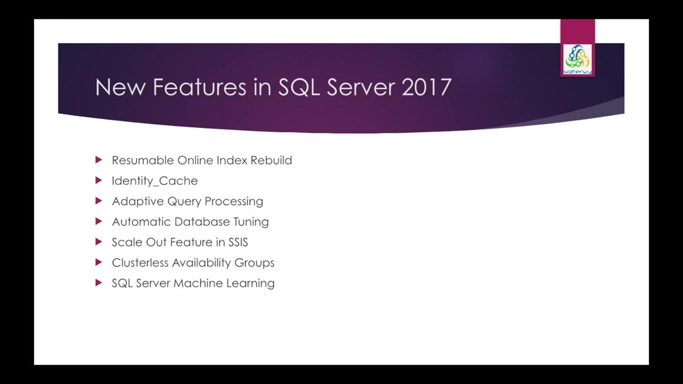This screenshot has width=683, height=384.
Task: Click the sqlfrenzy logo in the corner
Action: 577,59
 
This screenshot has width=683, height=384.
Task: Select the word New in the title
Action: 121,87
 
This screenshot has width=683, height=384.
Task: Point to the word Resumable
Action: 143,161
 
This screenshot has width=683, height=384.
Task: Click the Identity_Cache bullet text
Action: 155,181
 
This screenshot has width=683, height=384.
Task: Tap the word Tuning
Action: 251,222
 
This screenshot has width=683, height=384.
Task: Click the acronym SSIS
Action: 238,242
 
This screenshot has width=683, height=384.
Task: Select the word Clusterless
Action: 140,263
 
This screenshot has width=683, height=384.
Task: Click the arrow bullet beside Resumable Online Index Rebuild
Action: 98,160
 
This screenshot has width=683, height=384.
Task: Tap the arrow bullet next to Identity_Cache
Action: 98,180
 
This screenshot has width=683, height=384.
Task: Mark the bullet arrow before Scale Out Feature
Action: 98,242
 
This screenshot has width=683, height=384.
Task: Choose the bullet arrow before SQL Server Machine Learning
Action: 98,283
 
